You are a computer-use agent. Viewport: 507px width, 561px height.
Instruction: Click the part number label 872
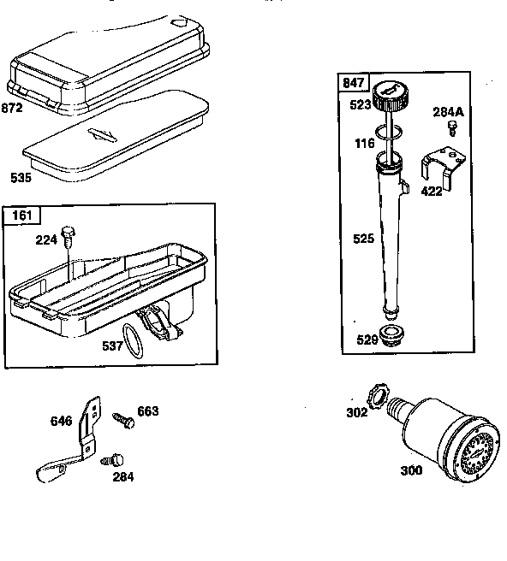point(12,109)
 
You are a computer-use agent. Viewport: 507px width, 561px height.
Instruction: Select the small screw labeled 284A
point(451,127)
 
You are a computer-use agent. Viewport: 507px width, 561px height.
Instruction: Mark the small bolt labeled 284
point(109,461)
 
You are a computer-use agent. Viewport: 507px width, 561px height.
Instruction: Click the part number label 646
point(61,421)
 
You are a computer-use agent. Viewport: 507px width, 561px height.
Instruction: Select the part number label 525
point(363,239)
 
